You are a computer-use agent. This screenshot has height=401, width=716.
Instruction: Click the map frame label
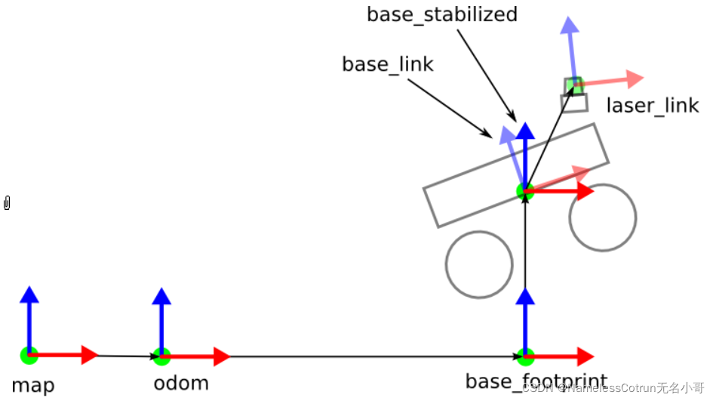click(x=33, y=385)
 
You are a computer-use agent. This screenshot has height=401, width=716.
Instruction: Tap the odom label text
click(x=181, y=383)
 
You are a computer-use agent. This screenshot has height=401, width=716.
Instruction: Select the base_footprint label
click(x=536, y=381)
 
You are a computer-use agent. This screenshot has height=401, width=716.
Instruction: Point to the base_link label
click(x=388, y=65)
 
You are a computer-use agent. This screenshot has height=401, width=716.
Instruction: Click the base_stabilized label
click(x=442, y=14)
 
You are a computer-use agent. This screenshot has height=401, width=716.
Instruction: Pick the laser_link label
click(x=653, y=105)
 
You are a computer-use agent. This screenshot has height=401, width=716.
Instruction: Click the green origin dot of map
click(x=29, y=355)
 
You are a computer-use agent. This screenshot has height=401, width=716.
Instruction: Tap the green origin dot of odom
click(x=161, y=355)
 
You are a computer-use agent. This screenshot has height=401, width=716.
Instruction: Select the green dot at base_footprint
click(x=525, y=355)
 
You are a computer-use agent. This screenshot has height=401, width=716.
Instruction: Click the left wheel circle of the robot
click(x=479, y=264)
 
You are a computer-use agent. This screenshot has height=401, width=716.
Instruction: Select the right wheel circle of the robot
click(x=603, y=217)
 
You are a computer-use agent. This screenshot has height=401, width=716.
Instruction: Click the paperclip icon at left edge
click(x=7, y=202)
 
